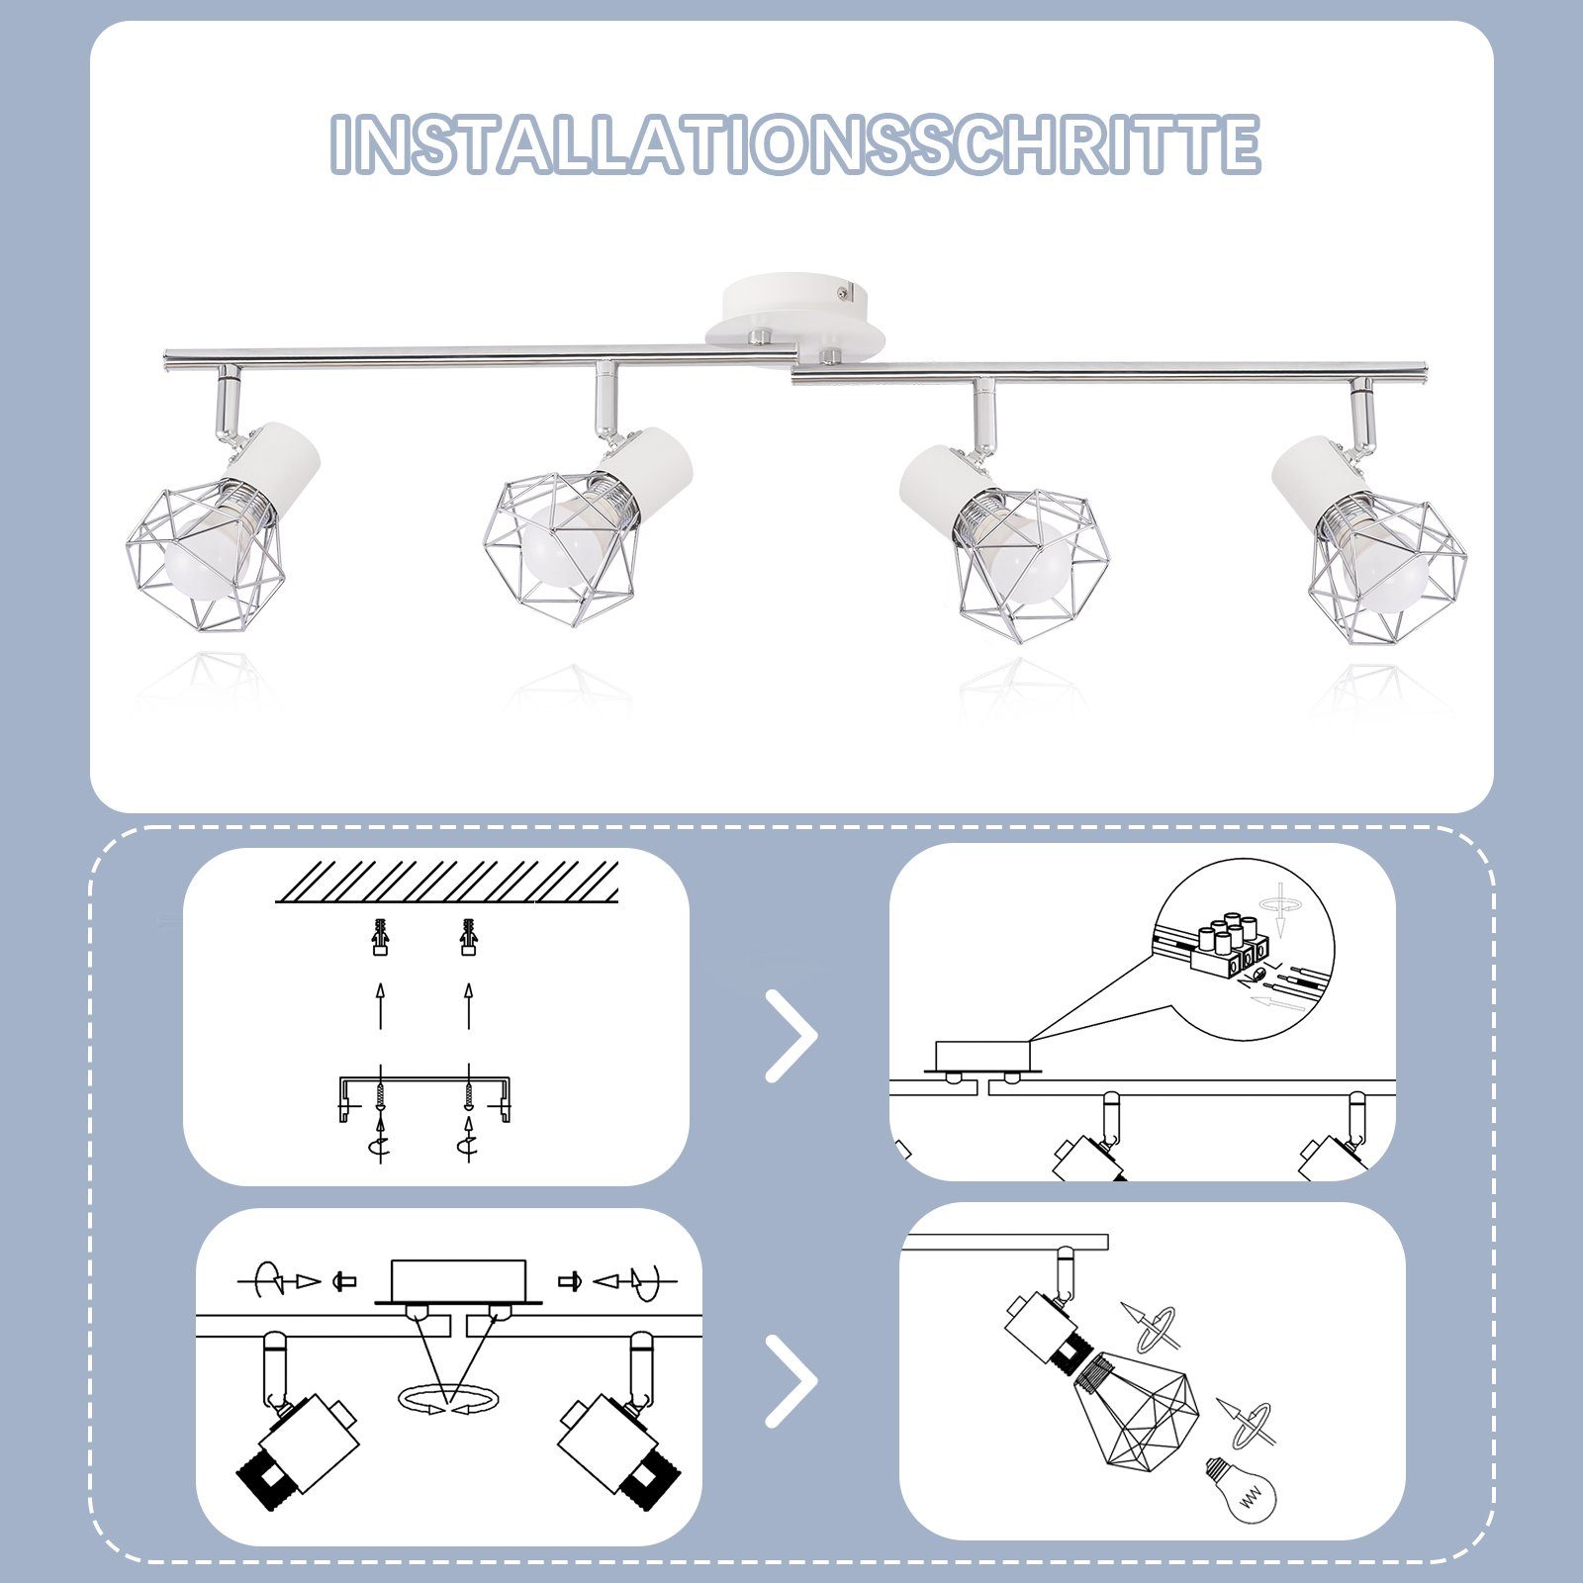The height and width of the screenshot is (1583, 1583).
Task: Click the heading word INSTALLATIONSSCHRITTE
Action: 795,144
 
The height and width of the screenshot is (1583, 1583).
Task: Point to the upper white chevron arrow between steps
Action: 792,1036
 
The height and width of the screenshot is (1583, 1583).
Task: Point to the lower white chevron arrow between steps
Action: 792,1380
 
